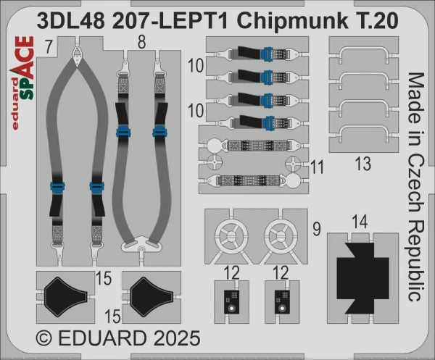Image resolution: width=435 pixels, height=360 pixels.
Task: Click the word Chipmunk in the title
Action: click(x=293, y=22)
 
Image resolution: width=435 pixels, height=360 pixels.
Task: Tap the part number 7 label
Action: click(x=49, y=47)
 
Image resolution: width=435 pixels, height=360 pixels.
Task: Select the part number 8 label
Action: click(x=141, y=43)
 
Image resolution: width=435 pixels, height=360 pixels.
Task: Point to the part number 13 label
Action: click(x=363, y=164)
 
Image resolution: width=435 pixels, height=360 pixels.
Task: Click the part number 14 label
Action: click(x=360, y=222)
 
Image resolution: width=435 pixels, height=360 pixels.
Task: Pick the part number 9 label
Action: click(x=317, y=230)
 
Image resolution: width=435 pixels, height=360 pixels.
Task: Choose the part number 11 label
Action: click(x=317, y=167)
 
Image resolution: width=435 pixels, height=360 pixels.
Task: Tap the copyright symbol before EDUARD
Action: click(x=44, y=338)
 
